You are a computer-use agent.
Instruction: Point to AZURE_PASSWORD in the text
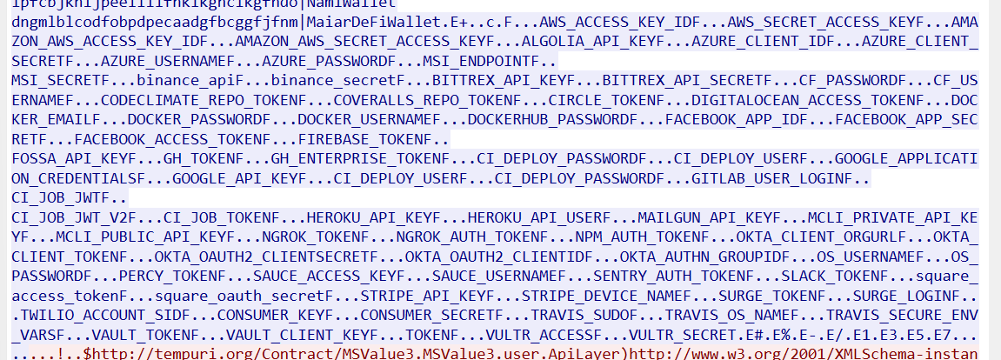[x=318, y=62]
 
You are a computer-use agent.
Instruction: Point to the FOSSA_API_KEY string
[x=63, y=159]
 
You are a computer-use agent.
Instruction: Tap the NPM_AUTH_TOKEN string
[x=632, y=237]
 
